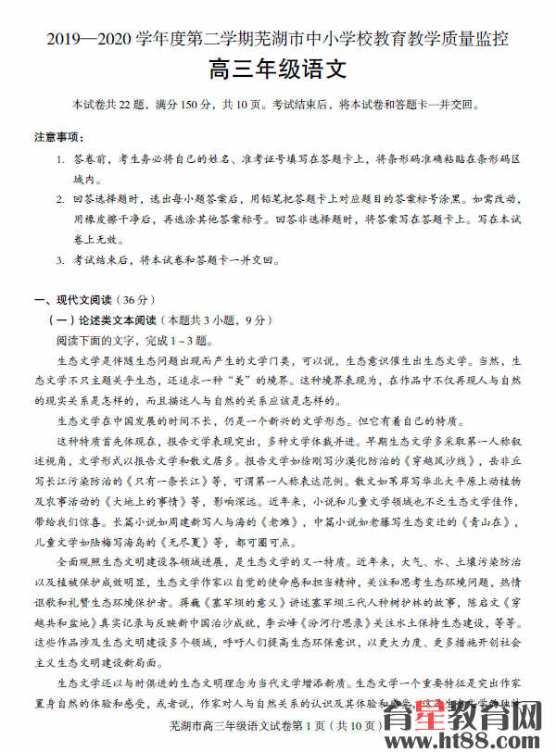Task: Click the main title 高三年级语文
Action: coord(278,69)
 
